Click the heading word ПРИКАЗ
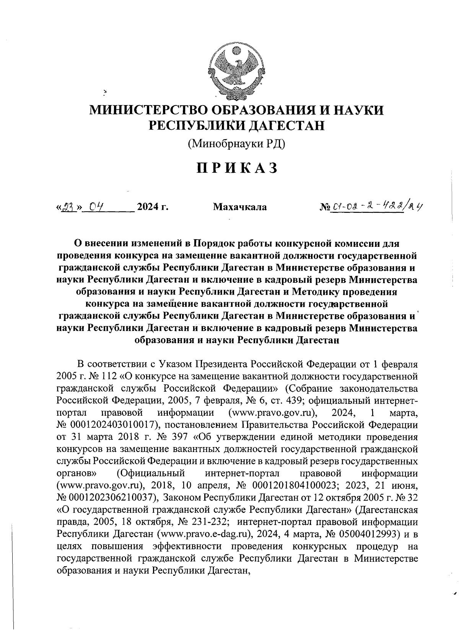click(x=236, y=169)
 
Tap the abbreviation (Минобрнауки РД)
click(x=236, y=144)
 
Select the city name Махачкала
click(x=240, y=207)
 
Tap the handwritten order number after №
click(x=377, y=206)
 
